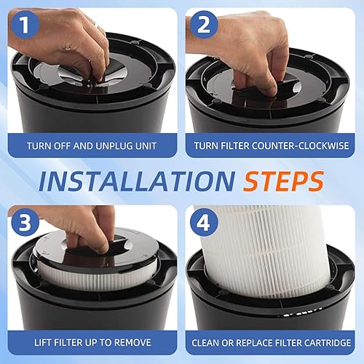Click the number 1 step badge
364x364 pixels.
25,25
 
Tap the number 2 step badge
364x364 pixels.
203,25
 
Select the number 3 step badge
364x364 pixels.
25,222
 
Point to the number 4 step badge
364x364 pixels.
203,222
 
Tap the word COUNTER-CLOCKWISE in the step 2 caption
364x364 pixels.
300,146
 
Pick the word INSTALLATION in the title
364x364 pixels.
137,181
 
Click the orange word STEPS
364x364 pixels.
284,181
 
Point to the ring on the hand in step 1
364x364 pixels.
96,25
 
